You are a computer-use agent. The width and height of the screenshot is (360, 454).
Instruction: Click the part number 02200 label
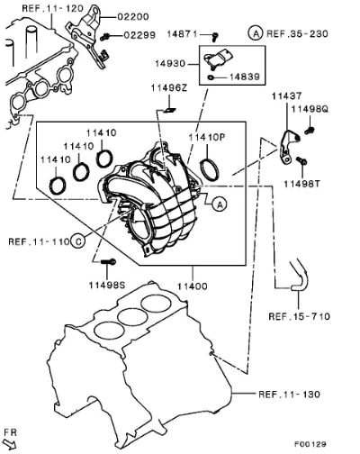(133, 17)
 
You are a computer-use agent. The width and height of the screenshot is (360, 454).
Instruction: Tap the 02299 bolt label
(139, 35)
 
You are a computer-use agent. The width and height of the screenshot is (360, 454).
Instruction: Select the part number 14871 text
(182, 34)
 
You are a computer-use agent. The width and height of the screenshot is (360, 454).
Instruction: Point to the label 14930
(170, 64)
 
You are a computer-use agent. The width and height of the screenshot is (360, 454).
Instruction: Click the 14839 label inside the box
(245, 77)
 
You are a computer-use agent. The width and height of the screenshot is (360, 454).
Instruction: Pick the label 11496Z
(169, 88)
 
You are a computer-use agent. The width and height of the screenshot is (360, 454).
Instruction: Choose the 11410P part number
(207, 137)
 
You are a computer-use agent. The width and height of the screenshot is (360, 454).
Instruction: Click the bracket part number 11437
(287, 96)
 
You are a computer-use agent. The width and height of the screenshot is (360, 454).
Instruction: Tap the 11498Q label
(310, 109)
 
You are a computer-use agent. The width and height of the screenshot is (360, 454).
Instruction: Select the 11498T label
(302, 184)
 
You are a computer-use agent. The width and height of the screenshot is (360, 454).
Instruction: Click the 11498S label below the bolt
(106, 285)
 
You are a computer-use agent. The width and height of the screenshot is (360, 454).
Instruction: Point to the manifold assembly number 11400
(193, 286)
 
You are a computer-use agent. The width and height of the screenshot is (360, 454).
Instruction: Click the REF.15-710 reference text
(299, 316)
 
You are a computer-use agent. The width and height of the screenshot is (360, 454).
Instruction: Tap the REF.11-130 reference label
(289, 394)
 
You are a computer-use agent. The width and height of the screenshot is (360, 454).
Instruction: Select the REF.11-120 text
(52, 8)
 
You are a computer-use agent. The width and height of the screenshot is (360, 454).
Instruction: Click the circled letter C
(78, 241)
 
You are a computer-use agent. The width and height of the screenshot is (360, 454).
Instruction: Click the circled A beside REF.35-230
(256, 33)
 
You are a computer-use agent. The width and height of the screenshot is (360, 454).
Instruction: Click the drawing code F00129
(310, 444)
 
